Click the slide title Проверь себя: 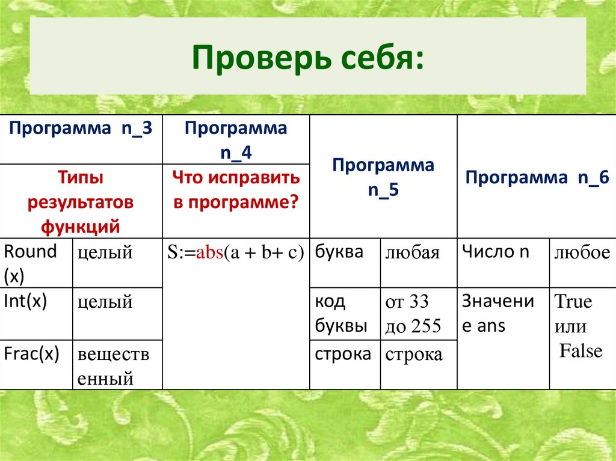(x=307, y=58)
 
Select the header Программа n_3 (x=81, y=129)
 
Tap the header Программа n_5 (x=383, y=178)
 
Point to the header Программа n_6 (x=537, y=178)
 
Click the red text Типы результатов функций (x=80, y=202)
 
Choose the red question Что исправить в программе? (x=236, y=190)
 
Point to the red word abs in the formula (x=208, y=253)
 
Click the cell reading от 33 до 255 (x=414, y=314)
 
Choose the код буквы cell (x=340, y=314)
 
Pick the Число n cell (x=496, y=252)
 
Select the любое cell (x=582, y=254)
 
